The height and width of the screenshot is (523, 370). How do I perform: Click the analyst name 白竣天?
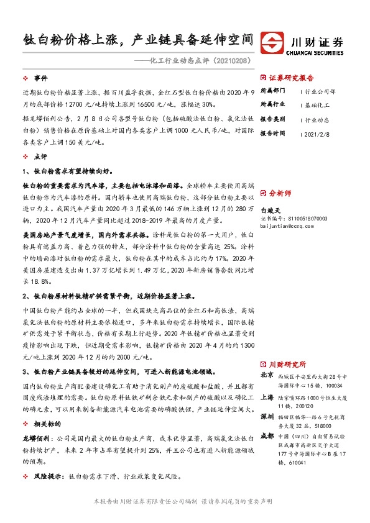pyautogui.click(x=272, y=211)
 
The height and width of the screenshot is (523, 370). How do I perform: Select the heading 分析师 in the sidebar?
pyautogui.click(x=279, y=193)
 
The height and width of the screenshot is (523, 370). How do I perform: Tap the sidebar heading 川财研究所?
pyautogui.click(x=287, y=365)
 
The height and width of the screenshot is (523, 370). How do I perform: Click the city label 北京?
pyautogui.click(x=267, y=375)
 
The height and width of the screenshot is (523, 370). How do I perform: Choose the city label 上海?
pyautogui.click(x=267, y=395)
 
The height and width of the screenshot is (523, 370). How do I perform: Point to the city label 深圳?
pyautogui.click(x=267, y=415)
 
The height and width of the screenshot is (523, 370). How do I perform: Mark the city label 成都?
pyautogui.click(x=267, y=435)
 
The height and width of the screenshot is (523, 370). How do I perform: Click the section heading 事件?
pyautogui.click(x=40, y=78)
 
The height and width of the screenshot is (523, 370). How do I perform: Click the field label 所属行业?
pyautogui.click(x=272, y=104)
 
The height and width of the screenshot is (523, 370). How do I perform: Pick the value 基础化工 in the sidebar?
pyautogui.click(x=318, y=104)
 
